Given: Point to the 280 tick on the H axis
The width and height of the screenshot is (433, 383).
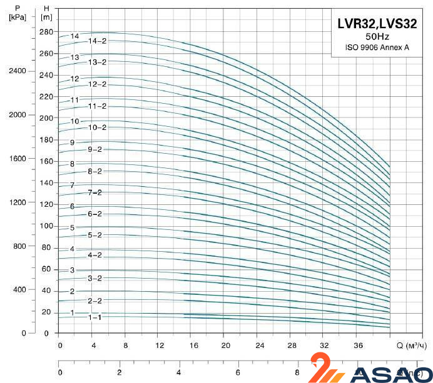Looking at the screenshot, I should [x=46, y=32].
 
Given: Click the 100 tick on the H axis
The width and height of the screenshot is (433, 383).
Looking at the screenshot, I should [x=46, y=226].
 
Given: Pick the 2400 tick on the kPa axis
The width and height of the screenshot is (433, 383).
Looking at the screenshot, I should [x=18, y=71].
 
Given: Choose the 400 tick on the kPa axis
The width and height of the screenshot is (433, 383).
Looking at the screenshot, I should [x=19, y=290].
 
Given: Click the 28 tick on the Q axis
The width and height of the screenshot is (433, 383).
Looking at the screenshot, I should [x=292, y=346].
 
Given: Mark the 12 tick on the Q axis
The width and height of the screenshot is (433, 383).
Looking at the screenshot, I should [x=160, y=346].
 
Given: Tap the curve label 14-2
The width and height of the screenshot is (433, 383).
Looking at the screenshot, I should [x=97, y=41].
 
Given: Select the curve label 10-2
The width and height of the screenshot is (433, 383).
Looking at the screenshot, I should [x=97, y=127].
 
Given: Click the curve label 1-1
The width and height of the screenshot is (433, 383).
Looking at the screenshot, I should [x=94, y=317].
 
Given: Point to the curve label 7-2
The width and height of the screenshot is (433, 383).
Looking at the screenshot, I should [x=95, y=192].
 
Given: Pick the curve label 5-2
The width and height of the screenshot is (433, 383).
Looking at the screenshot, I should [x=95, y=235].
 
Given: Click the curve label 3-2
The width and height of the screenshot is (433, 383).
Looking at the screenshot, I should [x=95, y=278].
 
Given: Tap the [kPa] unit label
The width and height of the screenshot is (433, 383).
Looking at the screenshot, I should [x=18, y=16].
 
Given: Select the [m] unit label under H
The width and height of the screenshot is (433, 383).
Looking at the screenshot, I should [x=46, y=16].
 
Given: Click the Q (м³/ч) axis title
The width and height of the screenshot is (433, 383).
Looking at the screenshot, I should [x=411, y=346].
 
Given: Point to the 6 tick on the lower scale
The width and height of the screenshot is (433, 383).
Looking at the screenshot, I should [x=238, y=372].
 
